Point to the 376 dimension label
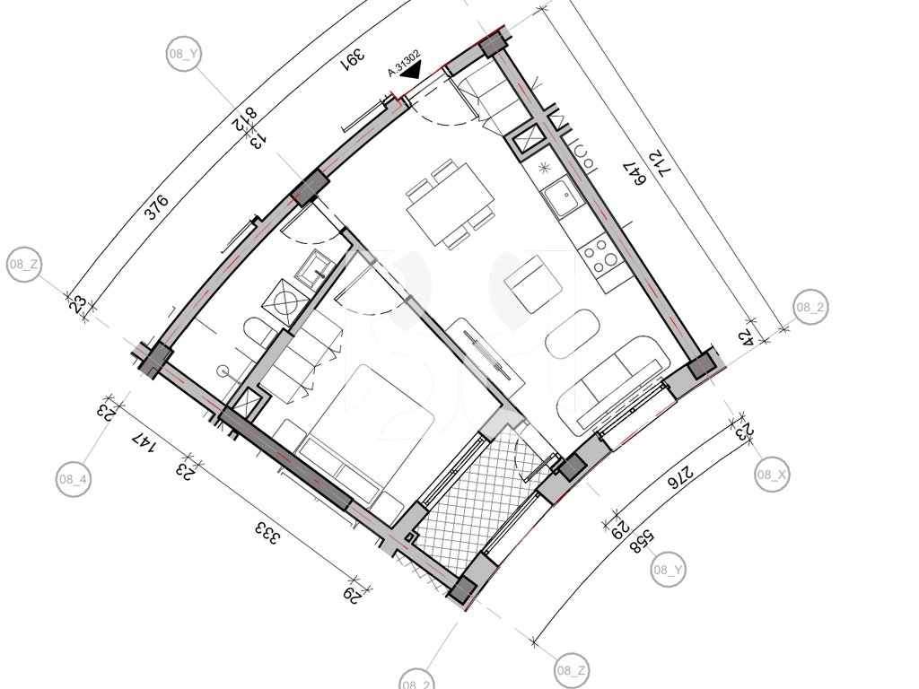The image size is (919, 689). pyautogui.click(x=157, y=207)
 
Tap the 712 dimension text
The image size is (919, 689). pyautogui.click(x=660, y=165)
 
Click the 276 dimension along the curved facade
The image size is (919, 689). pyautogui.click(x=680, y=475)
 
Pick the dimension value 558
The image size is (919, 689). pyautogui.click(x=643, y=540)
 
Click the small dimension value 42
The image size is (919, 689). pyautogui.click(x=745, y=338)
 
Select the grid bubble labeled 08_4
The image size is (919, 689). pyautogui.click(x=74, y=479)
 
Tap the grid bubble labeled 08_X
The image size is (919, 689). pyautogui.click(x=771, y=475)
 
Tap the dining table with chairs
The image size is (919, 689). pyautogui.click(x=451, y=204)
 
